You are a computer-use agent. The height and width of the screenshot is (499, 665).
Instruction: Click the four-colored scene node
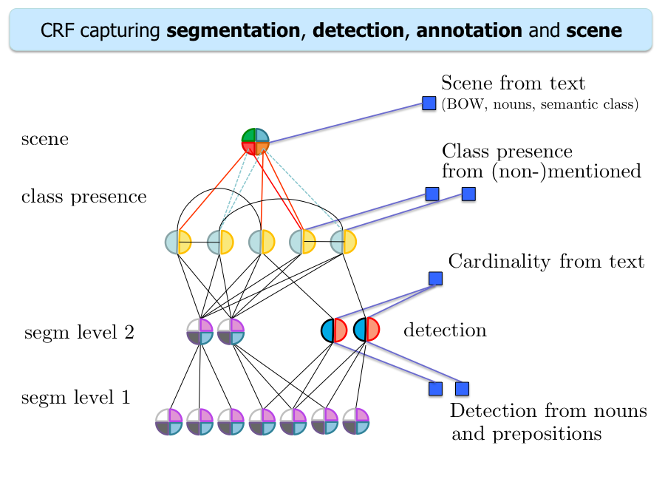(256, 140)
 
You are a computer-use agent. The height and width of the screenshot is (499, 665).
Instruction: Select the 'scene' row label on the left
(45, 139)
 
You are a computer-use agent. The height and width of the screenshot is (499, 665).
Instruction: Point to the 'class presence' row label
(83, 197)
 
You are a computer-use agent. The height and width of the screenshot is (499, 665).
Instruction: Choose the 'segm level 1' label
(76, 398)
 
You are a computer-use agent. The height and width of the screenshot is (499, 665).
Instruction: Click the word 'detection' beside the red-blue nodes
(445, 330)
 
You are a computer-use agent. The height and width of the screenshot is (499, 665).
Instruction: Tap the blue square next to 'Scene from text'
(429, 103)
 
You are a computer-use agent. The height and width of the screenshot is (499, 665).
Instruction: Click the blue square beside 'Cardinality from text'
(436, 279)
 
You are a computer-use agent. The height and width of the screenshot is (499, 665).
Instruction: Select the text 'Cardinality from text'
(546, 261)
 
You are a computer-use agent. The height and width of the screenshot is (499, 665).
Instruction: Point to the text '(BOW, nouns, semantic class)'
(539, 105)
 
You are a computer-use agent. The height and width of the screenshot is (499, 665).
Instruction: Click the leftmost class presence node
(178, 242)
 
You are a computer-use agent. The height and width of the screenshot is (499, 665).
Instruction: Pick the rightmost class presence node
(344, 242)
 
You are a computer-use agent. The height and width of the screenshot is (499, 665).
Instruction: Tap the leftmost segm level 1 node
(169, 421)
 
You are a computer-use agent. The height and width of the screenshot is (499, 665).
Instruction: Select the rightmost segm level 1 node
(355, 421)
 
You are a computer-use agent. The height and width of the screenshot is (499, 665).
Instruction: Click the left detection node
(334, 330)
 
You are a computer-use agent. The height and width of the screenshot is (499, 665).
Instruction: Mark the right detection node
(366, 330)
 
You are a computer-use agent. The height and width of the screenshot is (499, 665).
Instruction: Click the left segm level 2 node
(199, 332)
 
